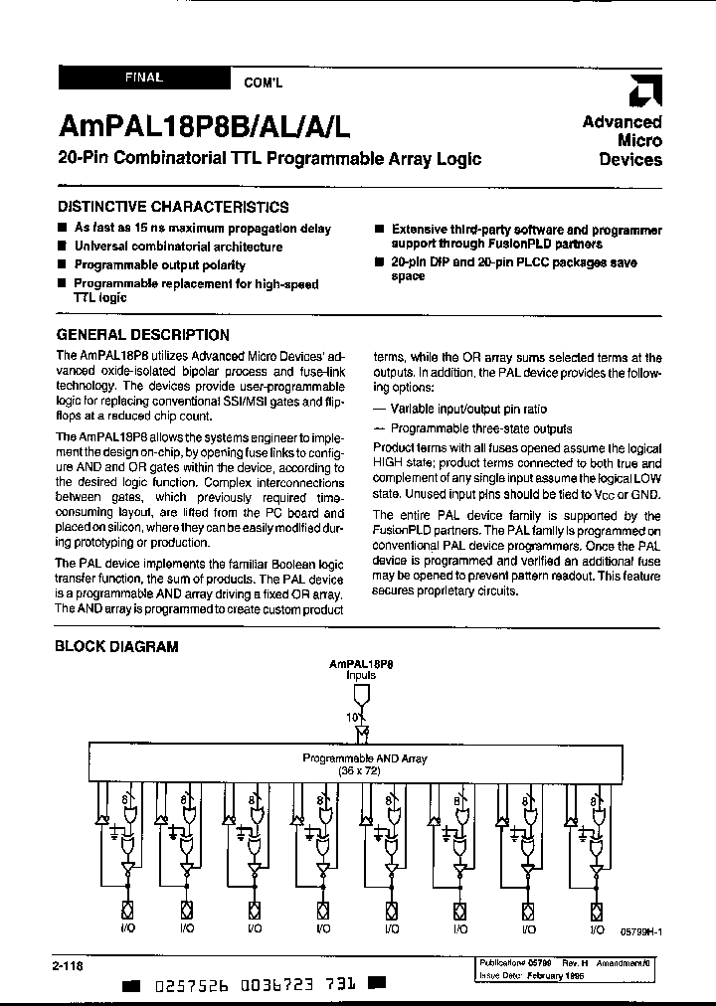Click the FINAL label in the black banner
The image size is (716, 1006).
click(144, 77)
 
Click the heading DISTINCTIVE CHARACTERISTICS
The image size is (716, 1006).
click(172, 207)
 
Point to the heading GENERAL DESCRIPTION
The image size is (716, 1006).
click(142, 335)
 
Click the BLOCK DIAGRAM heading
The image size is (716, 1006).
click(115, 646)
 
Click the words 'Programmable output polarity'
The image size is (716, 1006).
click(159, 265)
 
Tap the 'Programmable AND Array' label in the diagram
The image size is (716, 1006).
click(365, 757)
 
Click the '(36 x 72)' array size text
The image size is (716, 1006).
click(365, 770)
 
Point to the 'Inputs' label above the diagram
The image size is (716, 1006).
click(362, 674)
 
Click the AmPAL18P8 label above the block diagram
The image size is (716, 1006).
click(362, 661)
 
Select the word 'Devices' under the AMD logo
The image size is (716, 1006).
click(630, 159)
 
